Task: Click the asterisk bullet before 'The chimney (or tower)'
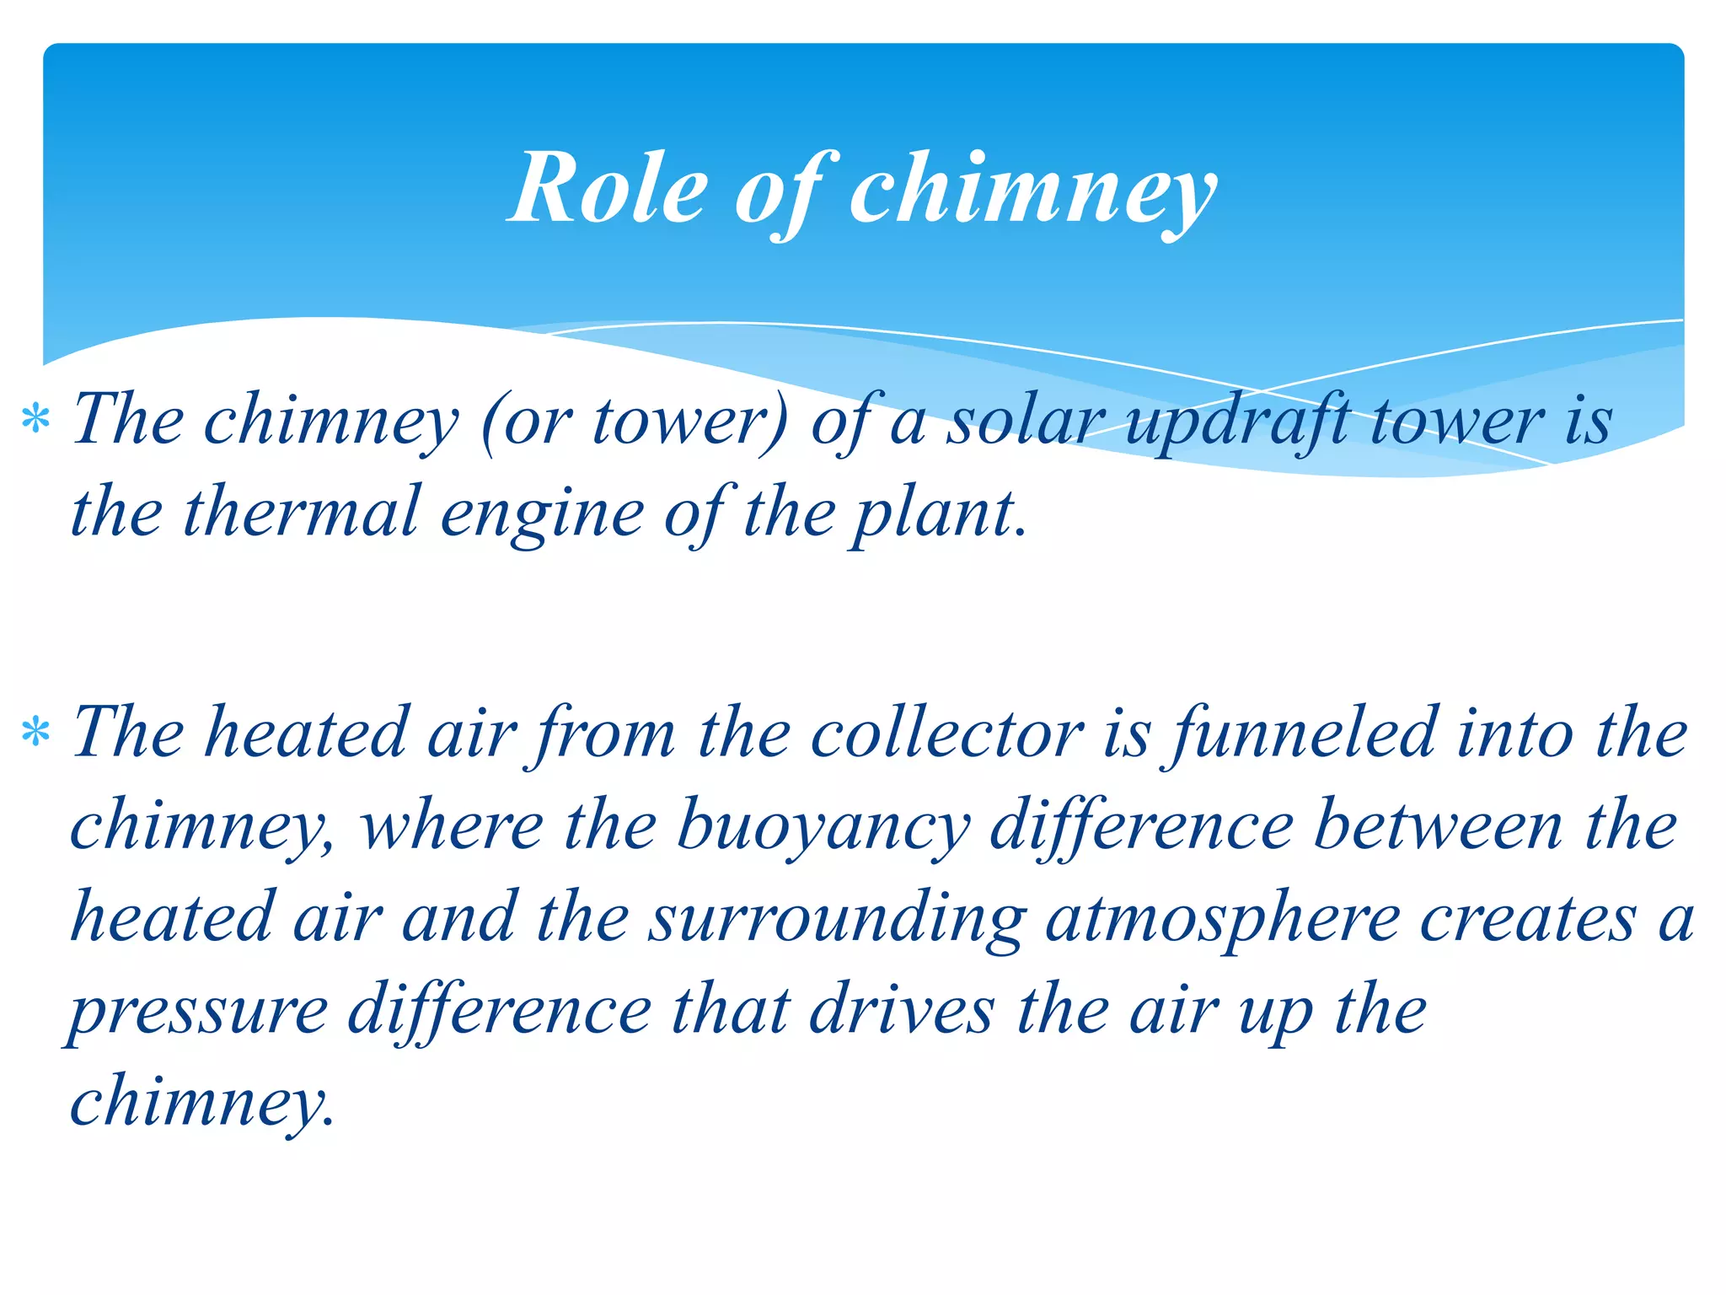[36, 419]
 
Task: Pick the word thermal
[300, 512]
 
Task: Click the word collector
[946, 732]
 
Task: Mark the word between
[1438, 825]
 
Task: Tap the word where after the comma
[452, 825]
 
